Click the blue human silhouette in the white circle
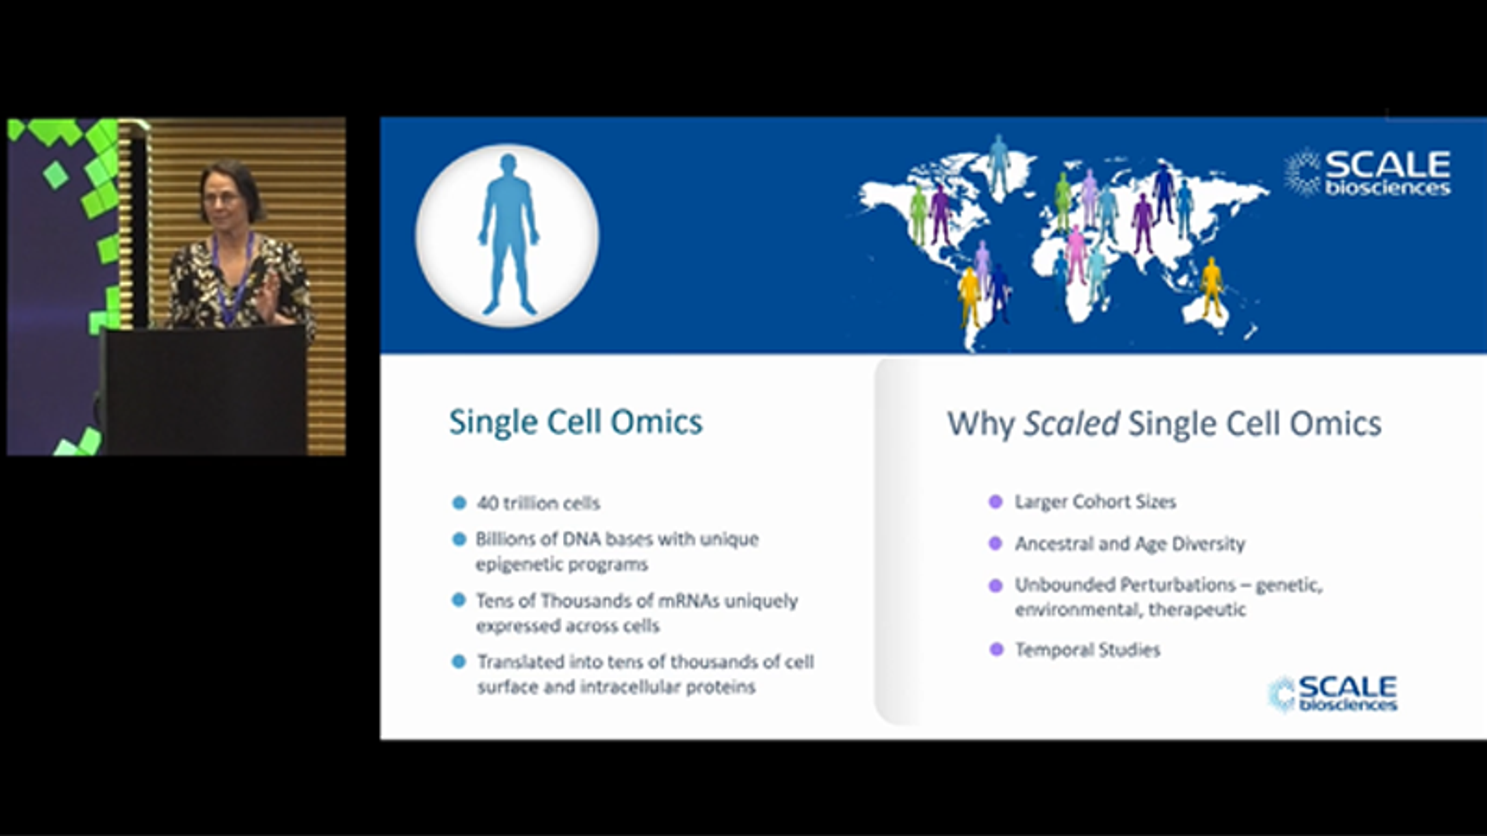(x=508, y=234)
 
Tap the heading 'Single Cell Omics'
(x=575, y=422)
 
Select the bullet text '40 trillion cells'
(x=538, y=503)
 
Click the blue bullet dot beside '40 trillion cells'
(x=459, y=503)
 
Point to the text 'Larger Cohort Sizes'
(x=1095, y=501)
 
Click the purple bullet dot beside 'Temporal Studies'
(x=996, y=650)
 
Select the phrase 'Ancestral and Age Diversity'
(x=1130, y=543)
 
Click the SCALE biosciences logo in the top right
(x=1368, y=173)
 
